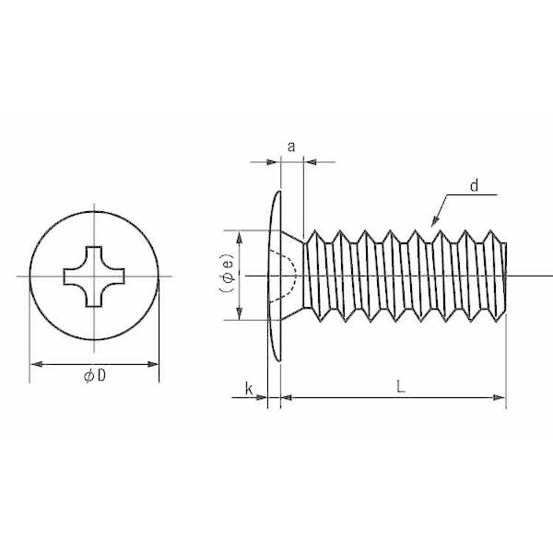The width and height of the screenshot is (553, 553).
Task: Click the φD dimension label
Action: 95,376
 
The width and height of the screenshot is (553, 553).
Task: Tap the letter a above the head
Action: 291,147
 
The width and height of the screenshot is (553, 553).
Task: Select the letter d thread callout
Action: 475,185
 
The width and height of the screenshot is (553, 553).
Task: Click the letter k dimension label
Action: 249,389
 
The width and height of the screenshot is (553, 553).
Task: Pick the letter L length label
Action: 400,387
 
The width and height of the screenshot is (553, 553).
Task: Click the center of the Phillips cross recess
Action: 94,276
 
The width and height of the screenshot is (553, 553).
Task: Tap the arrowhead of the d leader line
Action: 435,221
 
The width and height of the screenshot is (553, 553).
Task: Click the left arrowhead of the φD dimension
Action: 37,364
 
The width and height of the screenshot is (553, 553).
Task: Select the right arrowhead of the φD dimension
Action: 153,364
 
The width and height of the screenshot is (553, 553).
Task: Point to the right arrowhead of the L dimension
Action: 500,398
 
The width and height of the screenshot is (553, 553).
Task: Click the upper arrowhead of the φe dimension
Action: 239,238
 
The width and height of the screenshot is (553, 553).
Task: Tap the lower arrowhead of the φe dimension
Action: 239,313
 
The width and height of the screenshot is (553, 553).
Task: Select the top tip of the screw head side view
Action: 279,192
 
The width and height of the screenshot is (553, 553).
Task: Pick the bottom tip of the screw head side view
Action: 279,360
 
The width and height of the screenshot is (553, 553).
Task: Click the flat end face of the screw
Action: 506,276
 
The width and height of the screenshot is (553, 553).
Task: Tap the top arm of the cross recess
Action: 94,254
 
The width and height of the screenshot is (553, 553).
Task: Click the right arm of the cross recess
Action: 114,276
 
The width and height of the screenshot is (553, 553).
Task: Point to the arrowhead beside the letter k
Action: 262,398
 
